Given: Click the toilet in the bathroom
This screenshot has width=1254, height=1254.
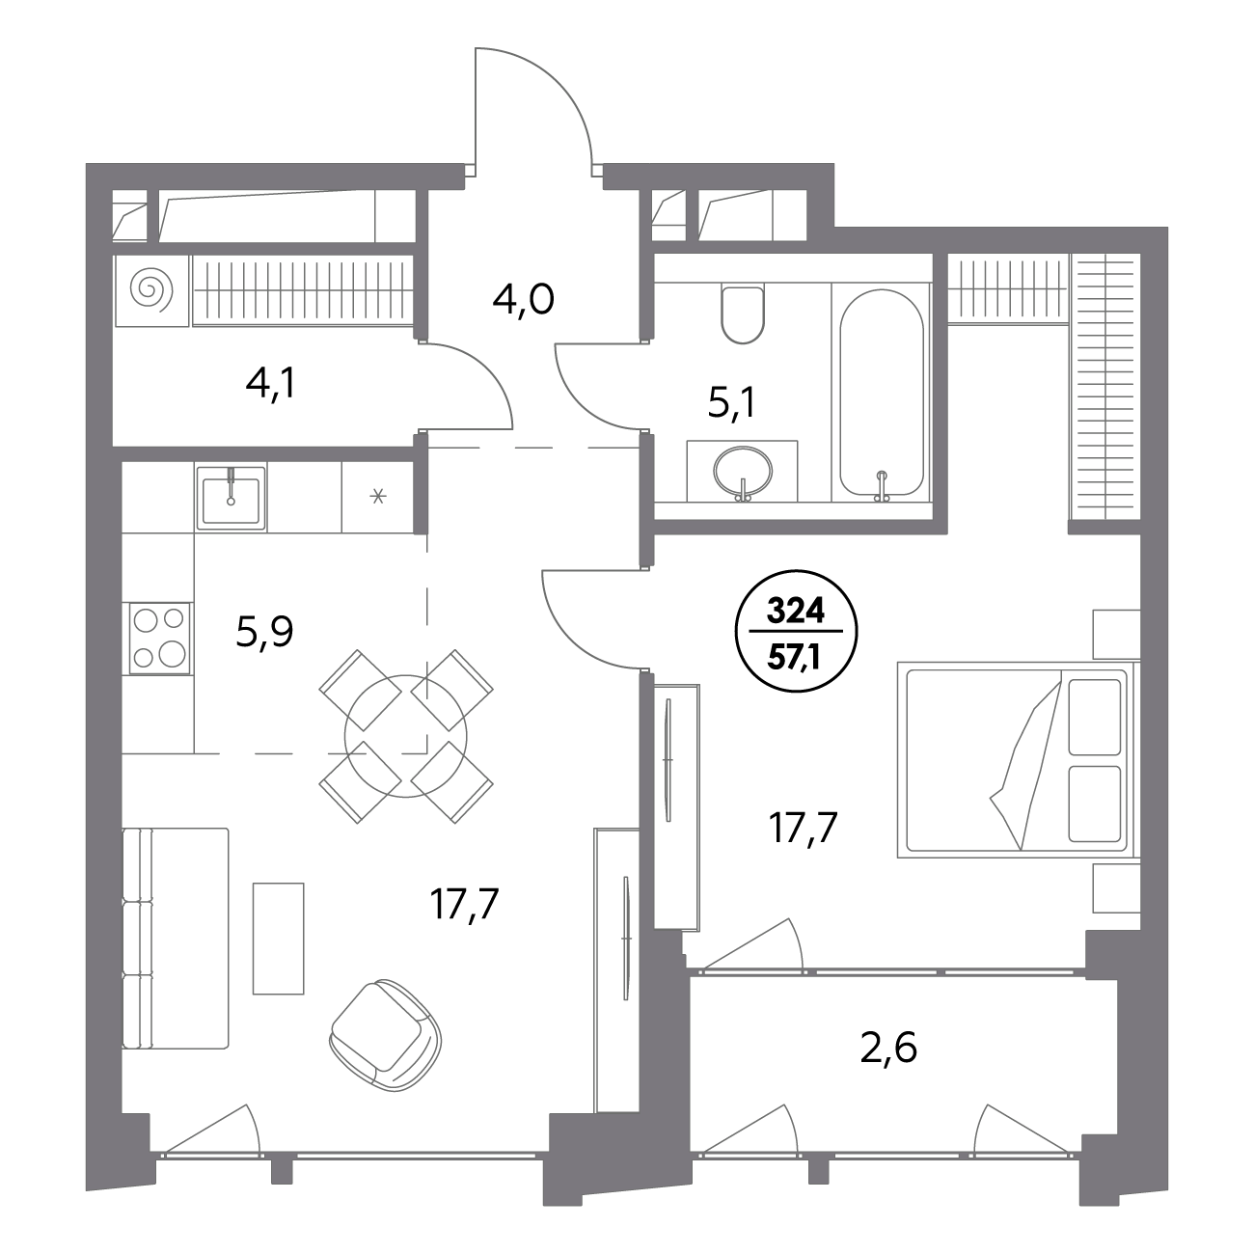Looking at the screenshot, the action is point(743,314).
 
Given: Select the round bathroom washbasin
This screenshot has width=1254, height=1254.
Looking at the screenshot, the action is point(743,471).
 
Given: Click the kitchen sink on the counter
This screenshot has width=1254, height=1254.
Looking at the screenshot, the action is point(231,498).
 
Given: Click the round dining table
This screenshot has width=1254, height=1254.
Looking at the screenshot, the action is point(405,736).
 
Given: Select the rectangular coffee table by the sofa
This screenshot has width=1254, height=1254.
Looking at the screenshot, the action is point(278,939).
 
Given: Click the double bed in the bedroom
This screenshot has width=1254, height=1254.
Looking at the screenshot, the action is point(1017,759).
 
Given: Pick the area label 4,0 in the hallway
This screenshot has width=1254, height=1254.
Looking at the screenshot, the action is point(523,301).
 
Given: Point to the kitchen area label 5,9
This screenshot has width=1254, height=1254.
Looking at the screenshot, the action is point(264,632).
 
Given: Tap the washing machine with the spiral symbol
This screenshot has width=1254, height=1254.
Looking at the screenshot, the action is point(152,290).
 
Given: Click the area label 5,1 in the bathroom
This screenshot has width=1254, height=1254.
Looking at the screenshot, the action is point(732,405).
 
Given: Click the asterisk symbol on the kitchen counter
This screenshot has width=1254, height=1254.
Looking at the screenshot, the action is point(378,497).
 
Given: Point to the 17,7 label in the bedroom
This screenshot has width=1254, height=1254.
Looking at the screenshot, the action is point(803,829).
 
